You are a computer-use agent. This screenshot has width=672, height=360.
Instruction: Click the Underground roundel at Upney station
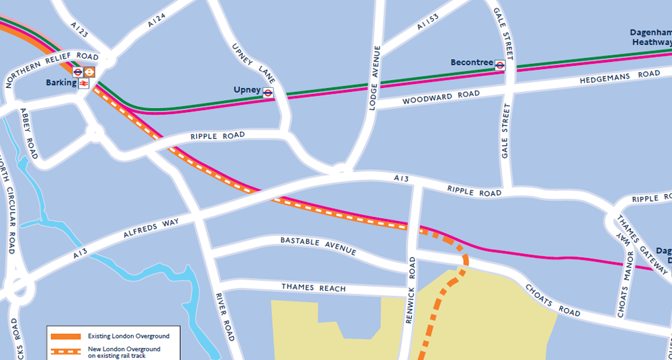click(267, 93)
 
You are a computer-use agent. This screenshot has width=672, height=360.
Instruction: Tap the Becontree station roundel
click(500, 65)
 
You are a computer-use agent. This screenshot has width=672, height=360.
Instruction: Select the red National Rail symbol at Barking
click(83, 83)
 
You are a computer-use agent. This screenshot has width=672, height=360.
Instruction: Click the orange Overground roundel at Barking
click(89, 72)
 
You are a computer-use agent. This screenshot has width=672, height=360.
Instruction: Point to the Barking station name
click(60, 83)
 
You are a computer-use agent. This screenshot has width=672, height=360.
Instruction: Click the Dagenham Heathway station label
click(650, 37)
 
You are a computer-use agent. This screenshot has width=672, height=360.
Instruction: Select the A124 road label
click(156, 19)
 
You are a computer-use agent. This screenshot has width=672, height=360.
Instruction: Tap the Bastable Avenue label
click(318, 245)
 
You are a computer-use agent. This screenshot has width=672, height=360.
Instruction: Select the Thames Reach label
click(313, 288)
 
